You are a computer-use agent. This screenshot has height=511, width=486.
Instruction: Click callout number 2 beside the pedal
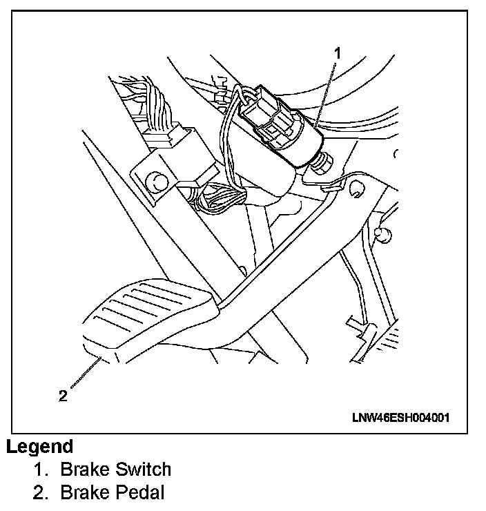[x=63, y=396]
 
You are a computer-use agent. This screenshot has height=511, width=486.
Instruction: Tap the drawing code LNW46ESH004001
[x=400, y=417]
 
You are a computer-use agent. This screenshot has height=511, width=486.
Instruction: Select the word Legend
[x=39, y=446]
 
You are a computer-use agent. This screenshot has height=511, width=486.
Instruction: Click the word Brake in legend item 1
[x=84, y=470]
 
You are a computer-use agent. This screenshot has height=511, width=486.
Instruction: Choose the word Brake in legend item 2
[x=84, y=492]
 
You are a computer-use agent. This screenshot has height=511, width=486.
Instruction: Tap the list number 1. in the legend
[x=41, y=470]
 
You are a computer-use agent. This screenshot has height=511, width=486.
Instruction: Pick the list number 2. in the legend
[x=41, y=492]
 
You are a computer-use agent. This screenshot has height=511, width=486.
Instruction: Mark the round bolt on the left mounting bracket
[x=157, y=182]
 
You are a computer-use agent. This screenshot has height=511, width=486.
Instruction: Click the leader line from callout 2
[x=86, y=373]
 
